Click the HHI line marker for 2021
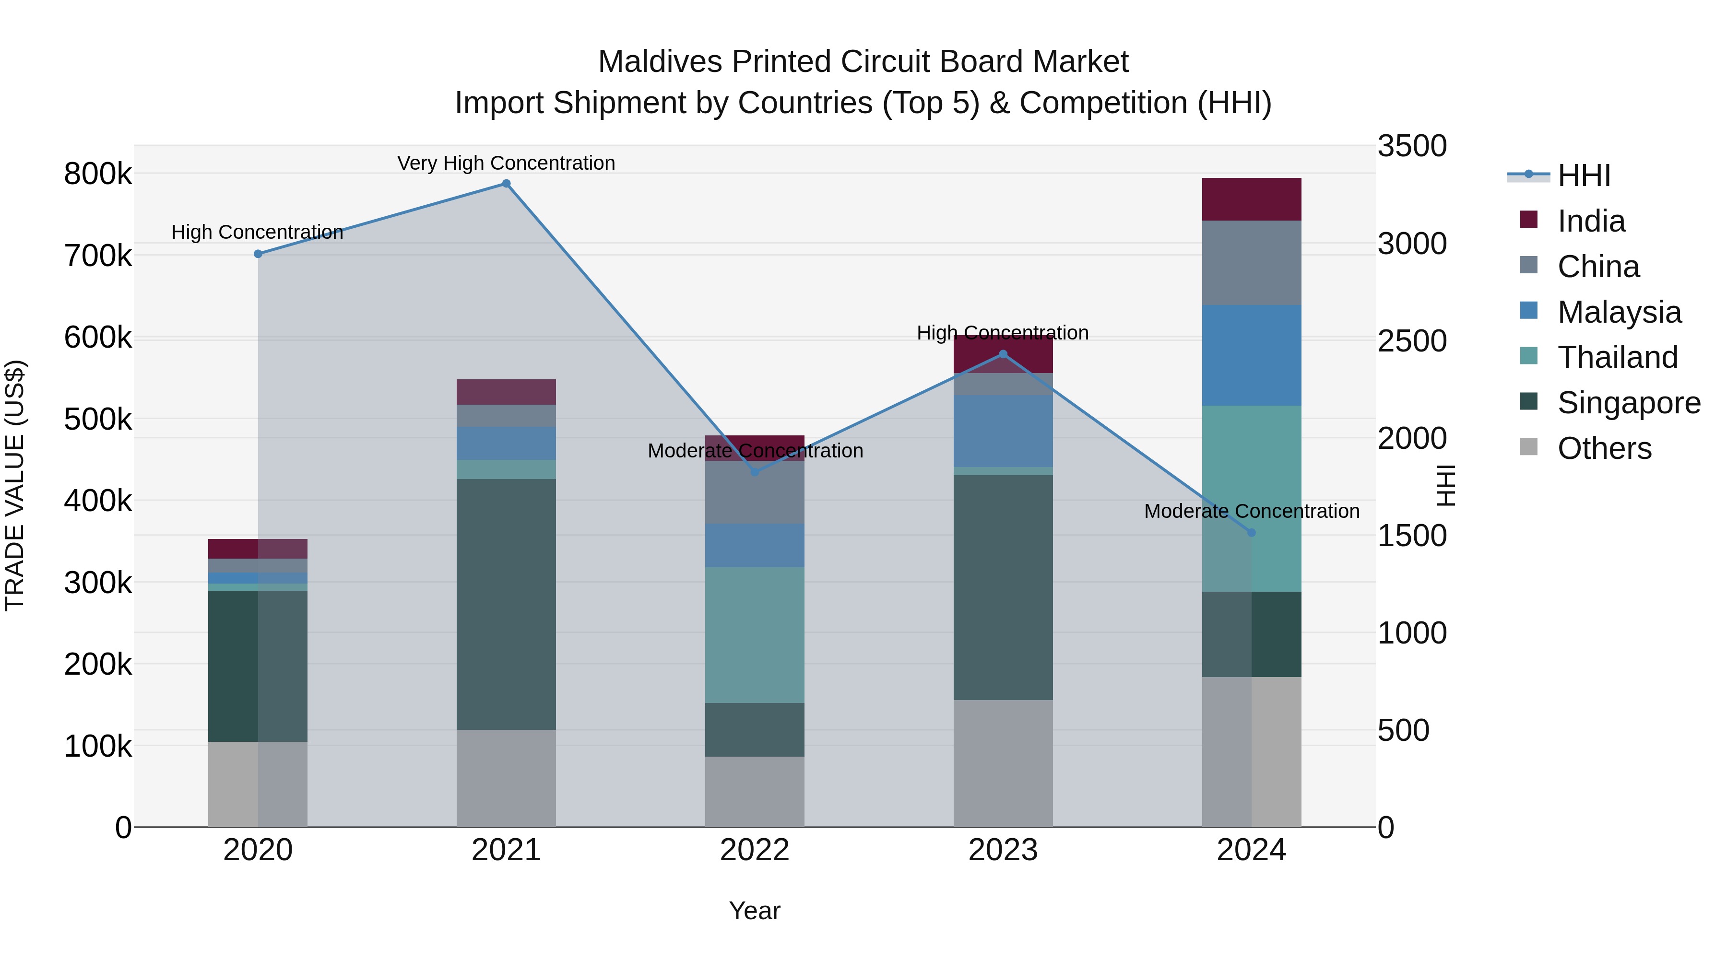tap(506, 184)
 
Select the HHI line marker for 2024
tap(1251, 533)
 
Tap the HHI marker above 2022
tap(755, 472)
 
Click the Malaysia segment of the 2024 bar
tap(1251, 355)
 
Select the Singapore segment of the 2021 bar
tap(506, 604)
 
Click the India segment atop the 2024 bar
tap(1251, 199)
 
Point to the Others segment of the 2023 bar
tap(1003, 763)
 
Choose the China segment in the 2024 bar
tap(1251, 263)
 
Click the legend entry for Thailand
tap(1617, 357)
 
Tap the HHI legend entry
tap(1583, 175)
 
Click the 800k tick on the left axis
tap(98, 174)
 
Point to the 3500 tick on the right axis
tap(1412, 146)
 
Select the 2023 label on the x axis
tap(1003, 850)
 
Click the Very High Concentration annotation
tap(506, 163)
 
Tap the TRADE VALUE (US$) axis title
tap(15, 485)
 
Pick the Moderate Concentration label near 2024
tap(1251, 511)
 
